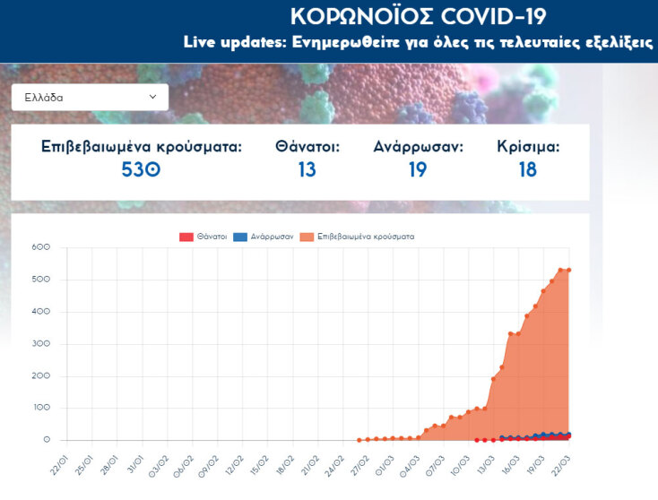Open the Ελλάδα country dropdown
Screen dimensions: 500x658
tap(90, 97)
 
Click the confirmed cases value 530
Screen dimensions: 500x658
tap(141, 168)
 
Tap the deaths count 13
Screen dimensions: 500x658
tap(307, 168)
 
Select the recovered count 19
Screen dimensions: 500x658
tap(418, 168)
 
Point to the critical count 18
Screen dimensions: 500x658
tap(527, 168)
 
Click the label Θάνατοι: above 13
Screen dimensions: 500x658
tap(307, 145)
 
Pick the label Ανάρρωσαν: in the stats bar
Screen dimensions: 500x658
tap(418, 145)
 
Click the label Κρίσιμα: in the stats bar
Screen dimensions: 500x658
tap(528, 145)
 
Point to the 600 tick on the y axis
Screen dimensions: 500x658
tap(40, 247)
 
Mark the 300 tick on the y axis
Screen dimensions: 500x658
tap(40, 344)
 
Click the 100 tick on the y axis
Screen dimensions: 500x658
tap(40, 409)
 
